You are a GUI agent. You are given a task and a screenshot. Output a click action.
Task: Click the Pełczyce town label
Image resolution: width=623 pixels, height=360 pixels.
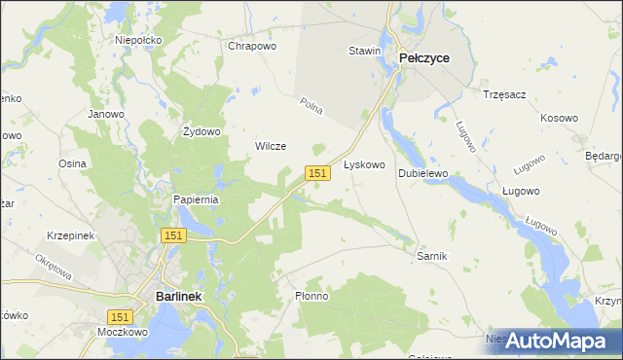point(423,58)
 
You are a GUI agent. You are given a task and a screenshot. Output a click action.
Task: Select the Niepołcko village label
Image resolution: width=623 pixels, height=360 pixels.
point(137,40)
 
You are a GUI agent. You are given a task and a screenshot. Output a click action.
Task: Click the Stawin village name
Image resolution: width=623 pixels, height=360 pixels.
point(364,51)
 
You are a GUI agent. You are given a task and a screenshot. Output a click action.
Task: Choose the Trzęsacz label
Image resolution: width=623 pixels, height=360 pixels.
point(504,94)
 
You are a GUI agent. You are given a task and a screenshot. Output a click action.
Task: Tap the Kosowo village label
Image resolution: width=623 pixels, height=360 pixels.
point(559,118)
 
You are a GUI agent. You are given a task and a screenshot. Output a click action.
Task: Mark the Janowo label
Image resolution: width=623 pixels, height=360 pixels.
point(106,114)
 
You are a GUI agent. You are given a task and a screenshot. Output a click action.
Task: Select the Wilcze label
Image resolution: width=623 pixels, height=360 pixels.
point(270,146)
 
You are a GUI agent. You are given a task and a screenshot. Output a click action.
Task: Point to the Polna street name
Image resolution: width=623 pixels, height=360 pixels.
point(311,103)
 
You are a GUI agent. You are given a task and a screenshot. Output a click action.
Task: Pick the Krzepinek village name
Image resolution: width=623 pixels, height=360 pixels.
point(69,236)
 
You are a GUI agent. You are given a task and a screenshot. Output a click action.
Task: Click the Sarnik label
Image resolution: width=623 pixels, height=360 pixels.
point(431,255)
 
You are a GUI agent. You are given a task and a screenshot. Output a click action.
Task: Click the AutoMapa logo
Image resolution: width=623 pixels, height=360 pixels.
point(556,341)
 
